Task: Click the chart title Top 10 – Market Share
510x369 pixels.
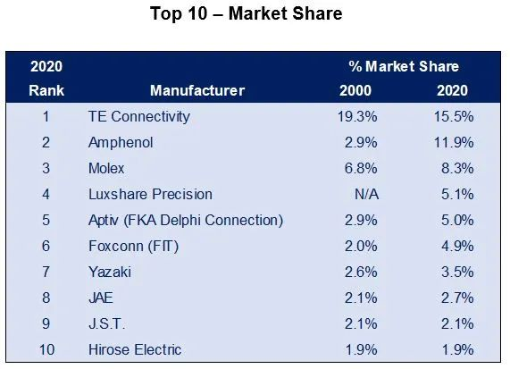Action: [247, 13]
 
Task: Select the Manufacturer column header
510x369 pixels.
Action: [197, 90]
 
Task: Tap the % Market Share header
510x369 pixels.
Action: [404, 66]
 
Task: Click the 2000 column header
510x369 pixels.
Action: [355, 90]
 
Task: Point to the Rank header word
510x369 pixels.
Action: [46, 90]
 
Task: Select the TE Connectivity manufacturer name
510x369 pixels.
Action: [138, 117]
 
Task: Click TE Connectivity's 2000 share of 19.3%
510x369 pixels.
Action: [357, 116]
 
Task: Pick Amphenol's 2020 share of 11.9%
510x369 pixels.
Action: [454, 143]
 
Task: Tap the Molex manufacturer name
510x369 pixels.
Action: [106, 169]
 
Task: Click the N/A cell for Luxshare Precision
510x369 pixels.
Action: [366, 195]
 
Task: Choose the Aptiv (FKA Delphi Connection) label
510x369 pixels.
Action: [186, 221]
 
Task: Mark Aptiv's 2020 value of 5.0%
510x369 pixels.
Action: [457, 221]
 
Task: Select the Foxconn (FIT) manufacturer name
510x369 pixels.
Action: [133, 247]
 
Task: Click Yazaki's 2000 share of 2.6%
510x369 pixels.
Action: [361, 272]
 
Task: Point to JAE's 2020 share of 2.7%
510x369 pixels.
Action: [457, 298]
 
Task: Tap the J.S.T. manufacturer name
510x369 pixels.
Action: [106, 324]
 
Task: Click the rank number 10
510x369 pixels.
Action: [46, 350]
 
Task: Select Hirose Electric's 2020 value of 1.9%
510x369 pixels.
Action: [457, 350]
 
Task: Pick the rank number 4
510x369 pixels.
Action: [46, 195]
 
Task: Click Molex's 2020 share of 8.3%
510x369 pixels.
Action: [457, 169]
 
